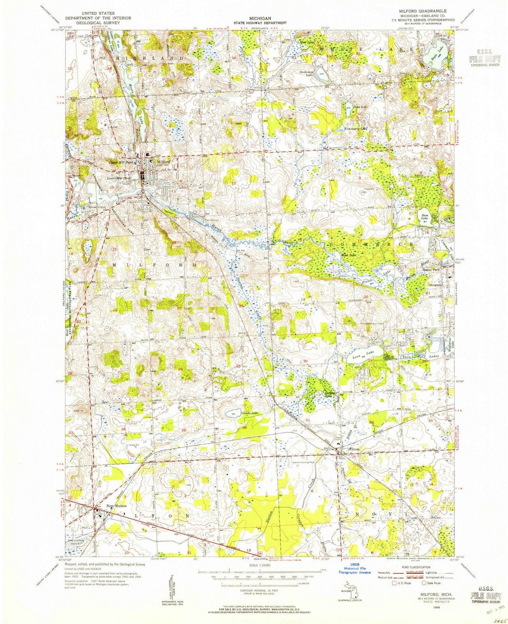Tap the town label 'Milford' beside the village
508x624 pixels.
(x=163, y=162)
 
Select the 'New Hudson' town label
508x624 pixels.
(x=117, y=506)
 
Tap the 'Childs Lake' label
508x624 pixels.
(x=249, y=413)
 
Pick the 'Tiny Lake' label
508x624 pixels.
(x=360, y=107)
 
